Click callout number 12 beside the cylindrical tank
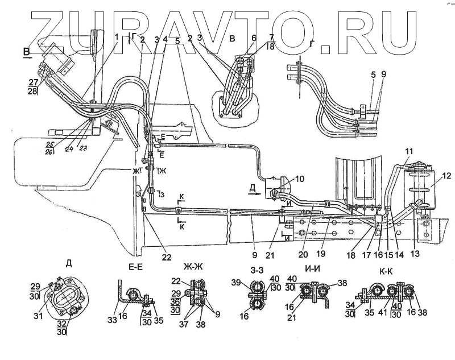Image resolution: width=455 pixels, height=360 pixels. tap(446, 176)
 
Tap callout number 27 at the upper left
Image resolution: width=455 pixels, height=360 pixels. tap(34, 82)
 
